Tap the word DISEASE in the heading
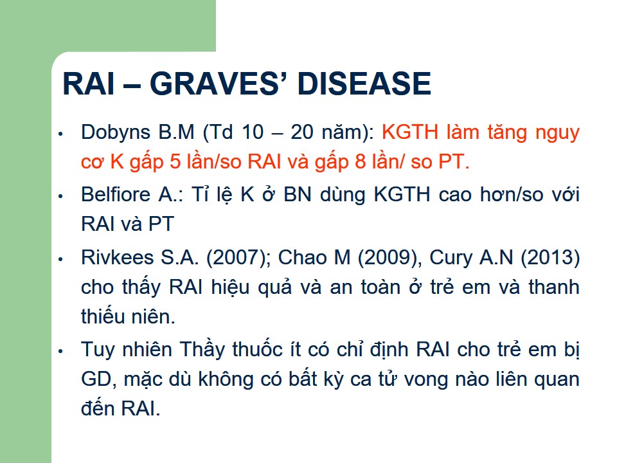tap(364, 84)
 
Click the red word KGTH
tap(410, 132)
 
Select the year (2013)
tap(550, 258)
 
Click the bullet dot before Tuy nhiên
tap(60, 351)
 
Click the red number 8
tap(361, 162)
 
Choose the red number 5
tap(175, 162)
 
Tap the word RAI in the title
tap(89, 84)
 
